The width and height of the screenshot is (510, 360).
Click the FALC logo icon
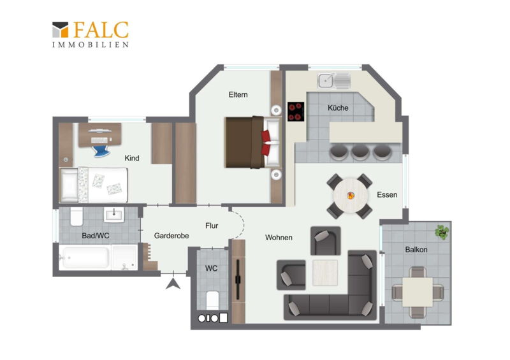60,29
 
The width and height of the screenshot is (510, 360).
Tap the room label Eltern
238,95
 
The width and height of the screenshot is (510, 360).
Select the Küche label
338,108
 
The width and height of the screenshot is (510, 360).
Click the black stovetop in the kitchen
296,112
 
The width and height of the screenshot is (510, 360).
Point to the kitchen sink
334,81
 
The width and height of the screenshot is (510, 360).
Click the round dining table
351,196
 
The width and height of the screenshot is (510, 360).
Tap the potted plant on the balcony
442,232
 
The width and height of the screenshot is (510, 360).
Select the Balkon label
416,249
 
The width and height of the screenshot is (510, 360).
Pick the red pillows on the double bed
266,143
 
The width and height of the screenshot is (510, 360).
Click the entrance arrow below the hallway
173,284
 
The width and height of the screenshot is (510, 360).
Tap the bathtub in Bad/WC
85,257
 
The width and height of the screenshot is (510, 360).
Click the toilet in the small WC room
212,300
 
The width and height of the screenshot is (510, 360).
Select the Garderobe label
171,236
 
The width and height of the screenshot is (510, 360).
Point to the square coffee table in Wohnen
325,273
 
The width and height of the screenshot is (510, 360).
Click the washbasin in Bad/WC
114,215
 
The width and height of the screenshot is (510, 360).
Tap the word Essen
387,194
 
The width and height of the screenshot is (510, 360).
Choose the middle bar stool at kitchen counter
360,152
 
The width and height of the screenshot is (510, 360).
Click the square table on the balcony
418,292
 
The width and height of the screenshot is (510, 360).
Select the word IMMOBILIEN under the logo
91,45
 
